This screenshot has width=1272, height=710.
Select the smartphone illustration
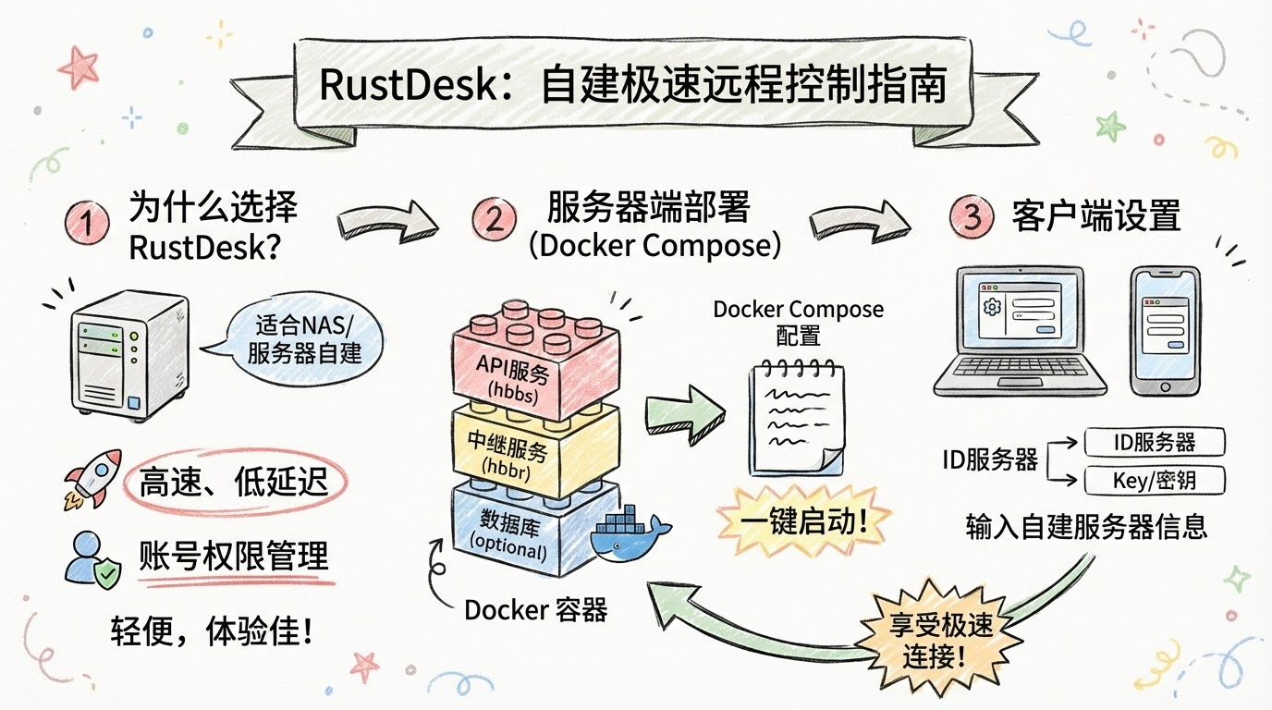click(1165, 330)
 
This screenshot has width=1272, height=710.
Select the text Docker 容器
click(535, 609)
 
